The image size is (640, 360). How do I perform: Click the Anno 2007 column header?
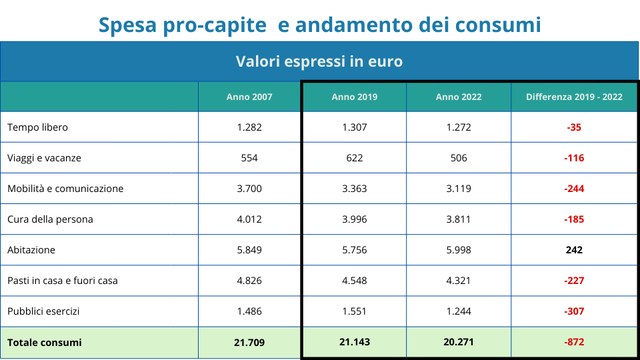[249, 97]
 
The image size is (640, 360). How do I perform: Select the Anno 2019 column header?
[354, 97]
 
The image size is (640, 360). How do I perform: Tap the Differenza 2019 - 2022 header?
[574, 97]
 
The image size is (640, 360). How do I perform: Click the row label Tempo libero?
[37, 127]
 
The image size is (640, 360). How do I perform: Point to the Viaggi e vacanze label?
[44, 158]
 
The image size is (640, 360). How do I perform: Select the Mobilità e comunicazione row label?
[65, 189]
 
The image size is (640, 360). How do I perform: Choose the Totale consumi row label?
[45, 343]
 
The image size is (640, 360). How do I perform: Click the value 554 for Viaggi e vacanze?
[249, 158]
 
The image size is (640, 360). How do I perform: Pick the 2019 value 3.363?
[354, 189]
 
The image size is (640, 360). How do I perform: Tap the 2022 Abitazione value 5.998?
[459, 250]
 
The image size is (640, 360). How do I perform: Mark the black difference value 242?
[574, 250]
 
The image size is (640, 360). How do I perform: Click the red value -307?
[574, 311]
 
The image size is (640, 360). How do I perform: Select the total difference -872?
[574, 343]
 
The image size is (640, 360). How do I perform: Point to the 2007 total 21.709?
[249, 343]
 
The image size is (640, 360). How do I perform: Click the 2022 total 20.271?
[459, 343]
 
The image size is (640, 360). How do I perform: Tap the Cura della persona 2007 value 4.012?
[249, 219]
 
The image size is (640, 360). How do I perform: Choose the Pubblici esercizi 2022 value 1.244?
[459, 311]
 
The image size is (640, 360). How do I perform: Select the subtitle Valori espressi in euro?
[319, 61]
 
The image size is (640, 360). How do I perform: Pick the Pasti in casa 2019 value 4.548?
[354, 281]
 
